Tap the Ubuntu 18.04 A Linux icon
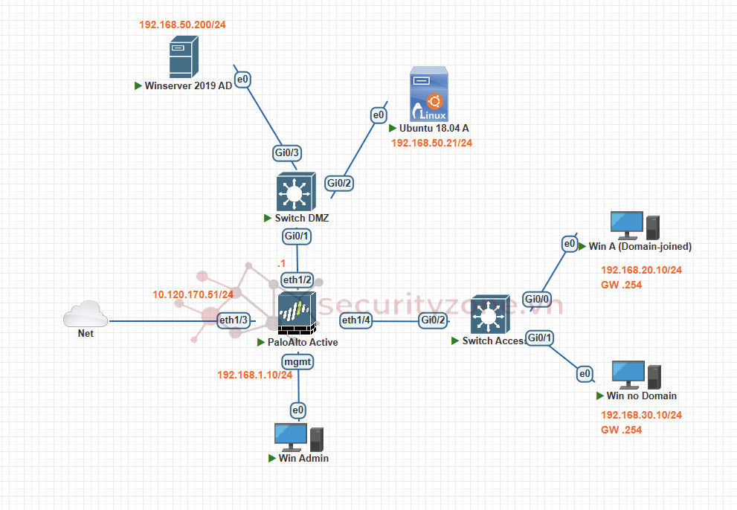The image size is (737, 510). point(429,94)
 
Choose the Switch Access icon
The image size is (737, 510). point(489,317)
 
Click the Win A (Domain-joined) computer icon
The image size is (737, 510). point(634,225)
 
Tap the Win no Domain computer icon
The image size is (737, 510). point(636,375)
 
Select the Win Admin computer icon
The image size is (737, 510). point(298,437)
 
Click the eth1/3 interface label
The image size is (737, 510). point(233,320)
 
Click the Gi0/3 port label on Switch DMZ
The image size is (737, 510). point(287,153)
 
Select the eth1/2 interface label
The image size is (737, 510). point(297,280)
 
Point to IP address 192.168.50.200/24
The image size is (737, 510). point(182,25)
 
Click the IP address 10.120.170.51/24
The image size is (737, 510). point(193,294)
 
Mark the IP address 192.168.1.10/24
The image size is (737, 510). point(254,375)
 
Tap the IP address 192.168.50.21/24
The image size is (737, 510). point(431,142)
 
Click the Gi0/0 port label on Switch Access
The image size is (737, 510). point(537,299)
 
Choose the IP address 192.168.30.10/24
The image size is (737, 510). point(641,415)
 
